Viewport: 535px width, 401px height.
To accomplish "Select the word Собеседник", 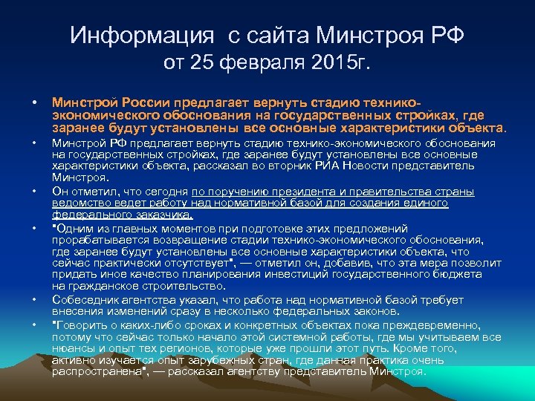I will (84, 299).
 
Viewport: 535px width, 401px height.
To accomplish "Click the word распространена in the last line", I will (94, 371).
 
